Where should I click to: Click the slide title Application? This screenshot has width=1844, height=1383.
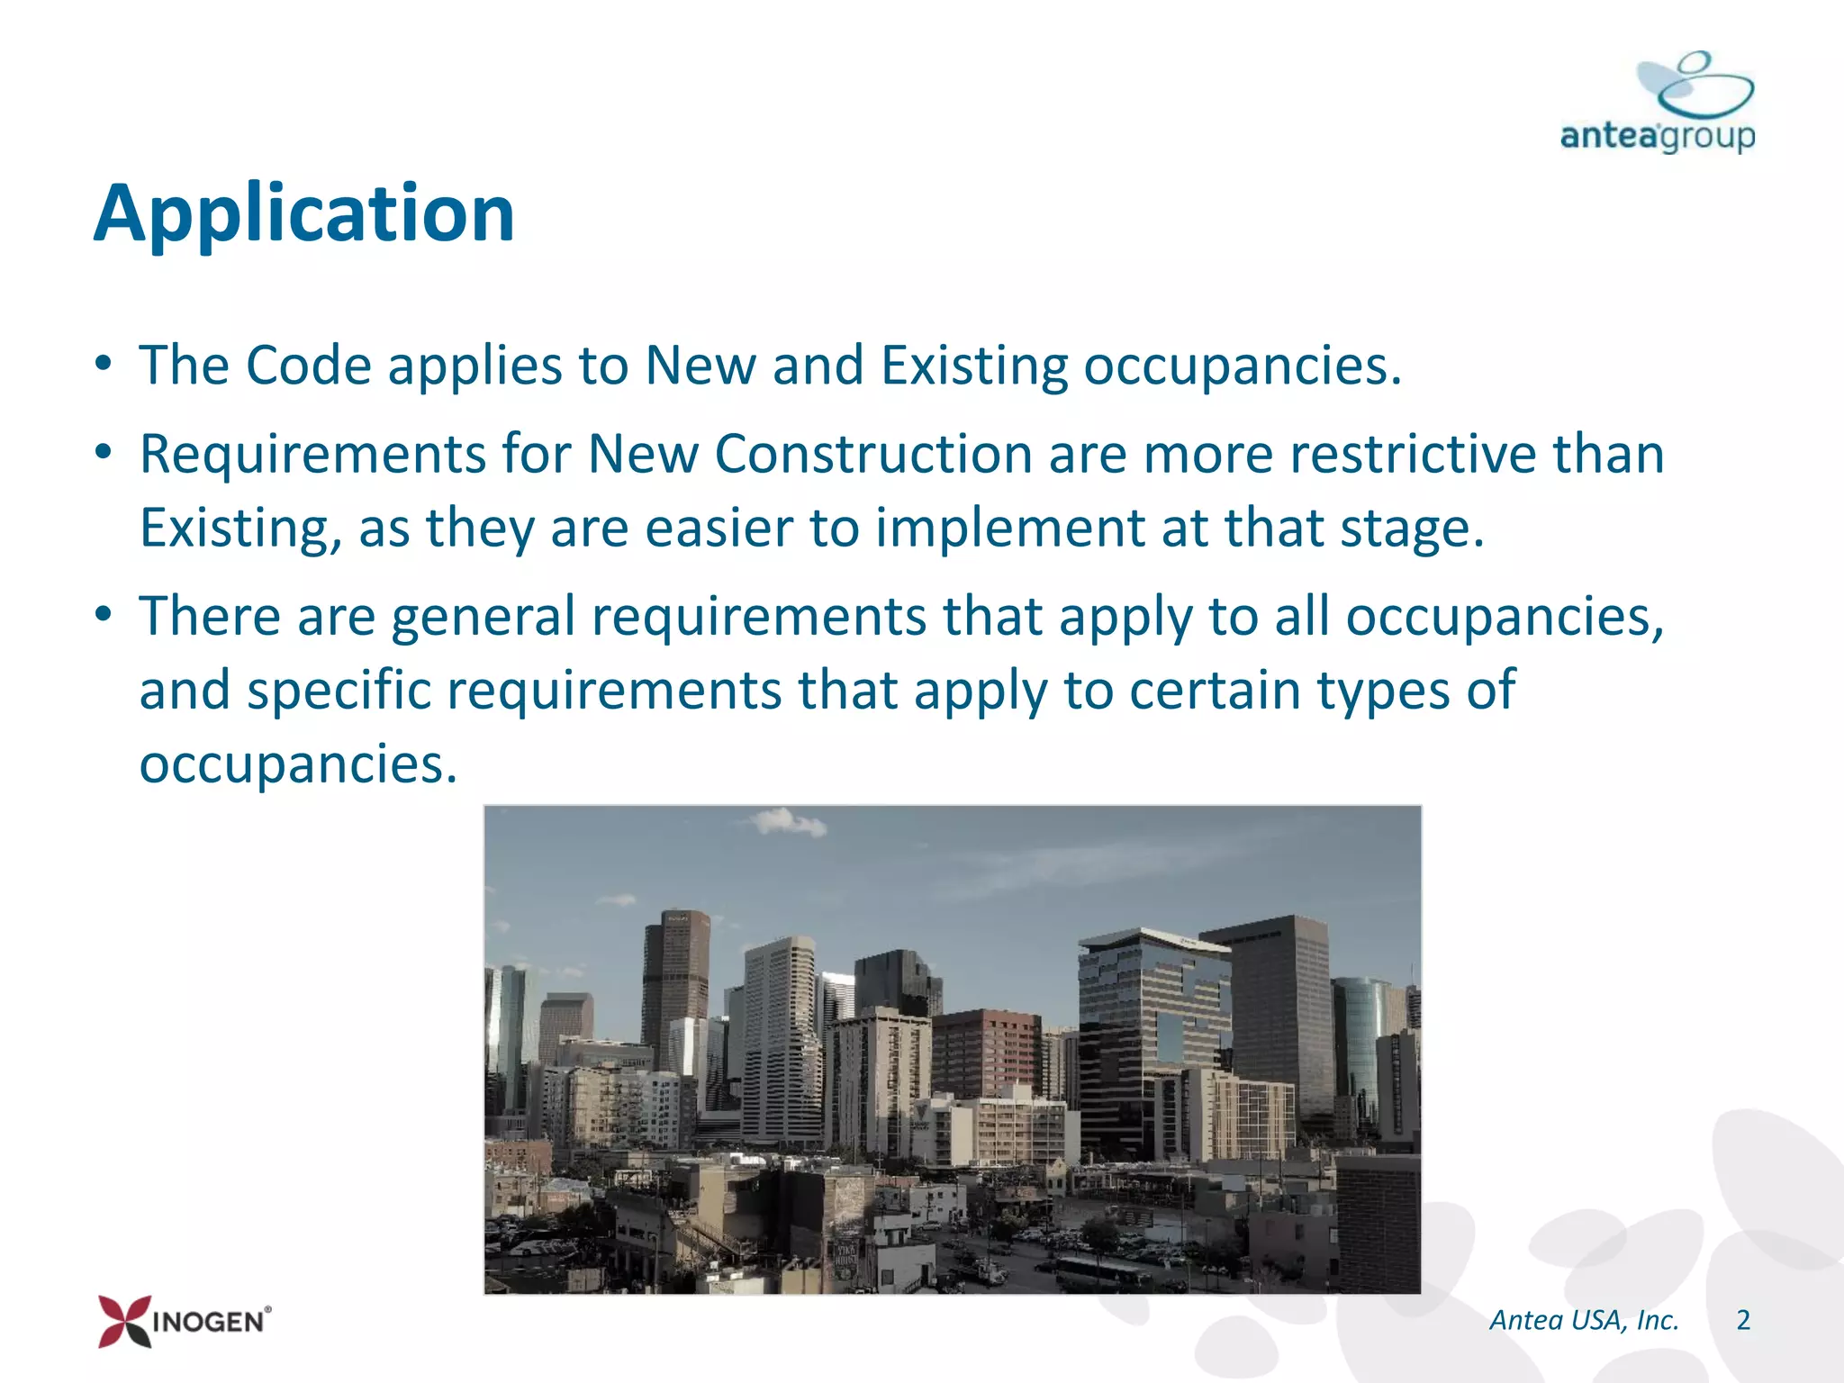[304, 214]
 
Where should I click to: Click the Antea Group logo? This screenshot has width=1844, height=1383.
[1658, 104]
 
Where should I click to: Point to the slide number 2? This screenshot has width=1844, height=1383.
[1743, 1320]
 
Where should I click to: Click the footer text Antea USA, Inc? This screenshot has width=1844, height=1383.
[1584, 1320]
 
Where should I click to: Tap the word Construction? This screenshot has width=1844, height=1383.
[873, 454]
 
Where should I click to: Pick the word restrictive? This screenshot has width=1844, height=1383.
[1413, 454]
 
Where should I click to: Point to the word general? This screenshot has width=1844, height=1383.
[484, 617]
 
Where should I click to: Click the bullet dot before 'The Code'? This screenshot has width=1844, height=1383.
[104, 366]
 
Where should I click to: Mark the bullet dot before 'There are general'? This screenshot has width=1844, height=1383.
[104, 617]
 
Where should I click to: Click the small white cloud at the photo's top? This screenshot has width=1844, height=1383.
[788, 821]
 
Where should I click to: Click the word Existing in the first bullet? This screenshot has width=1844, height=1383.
[973, 366]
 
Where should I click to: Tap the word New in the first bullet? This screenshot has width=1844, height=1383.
[701, 366]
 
